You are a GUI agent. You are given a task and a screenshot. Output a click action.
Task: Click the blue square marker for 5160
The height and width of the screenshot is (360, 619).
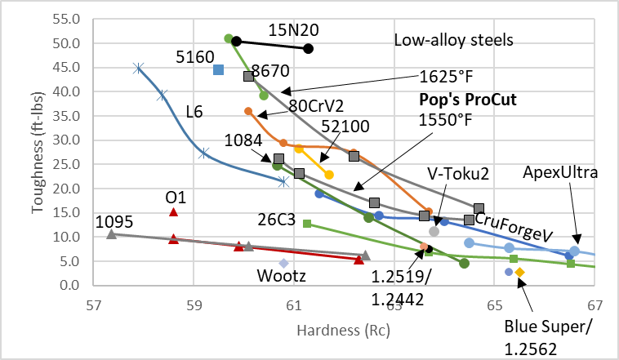pyautogui.click(x=218, y=69)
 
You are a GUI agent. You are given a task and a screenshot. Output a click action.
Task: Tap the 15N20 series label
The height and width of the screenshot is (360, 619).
pyautogui.click(x=293, y=29)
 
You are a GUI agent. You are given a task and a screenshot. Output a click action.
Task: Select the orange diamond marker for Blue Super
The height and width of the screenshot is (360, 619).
pyautogui.click(x=519, y=272)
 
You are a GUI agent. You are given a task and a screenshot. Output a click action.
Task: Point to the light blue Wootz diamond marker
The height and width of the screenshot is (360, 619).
pyautogui.click(x=283, y=263)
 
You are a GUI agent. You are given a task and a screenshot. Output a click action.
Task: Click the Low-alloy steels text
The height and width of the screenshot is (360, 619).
pyautogui.click(x=453, y=39)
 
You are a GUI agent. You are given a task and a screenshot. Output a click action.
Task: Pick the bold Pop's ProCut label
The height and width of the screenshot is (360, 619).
pyautogui.click(x=469, y=100)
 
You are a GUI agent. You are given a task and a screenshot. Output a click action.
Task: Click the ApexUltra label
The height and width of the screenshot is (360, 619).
pyautogui.click(x=561, y=172)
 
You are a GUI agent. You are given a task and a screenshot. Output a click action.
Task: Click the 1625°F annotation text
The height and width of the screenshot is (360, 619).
pyautogui.click(x=445, y=76)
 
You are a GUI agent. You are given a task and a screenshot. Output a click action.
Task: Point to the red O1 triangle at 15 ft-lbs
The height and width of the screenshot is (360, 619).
pyautogui.click(x=173, y=212)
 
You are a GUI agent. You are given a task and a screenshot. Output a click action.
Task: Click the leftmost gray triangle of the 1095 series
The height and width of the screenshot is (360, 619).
pyautogui.click(x=111, y=234)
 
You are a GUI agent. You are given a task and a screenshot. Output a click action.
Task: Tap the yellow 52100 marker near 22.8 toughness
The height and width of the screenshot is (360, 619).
pyautogui.click(x=329, y=175)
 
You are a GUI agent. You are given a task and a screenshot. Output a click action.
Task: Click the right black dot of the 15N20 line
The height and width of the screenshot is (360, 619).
pyautogui.click(x=308, y=48)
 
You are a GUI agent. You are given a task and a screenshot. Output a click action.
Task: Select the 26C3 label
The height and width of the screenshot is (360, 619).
pyautogui.click(x=273, y=218)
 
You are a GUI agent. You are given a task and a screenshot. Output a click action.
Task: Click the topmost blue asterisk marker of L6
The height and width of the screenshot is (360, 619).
pyautogui.click(x=138, y=69)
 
